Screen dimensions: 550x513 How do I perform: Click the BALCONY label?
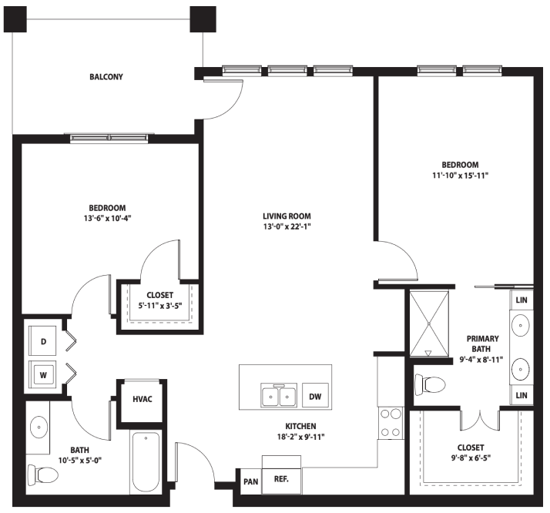[106, 77]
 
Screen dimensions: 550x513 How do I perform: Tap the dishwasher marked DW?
[315, 395]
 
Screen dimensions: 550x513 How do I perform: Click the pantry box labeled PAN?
[251, 481]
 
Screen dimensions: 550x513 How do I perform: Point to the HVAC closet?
[142, 401]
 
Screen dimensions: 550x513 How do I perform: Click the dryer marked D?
[42, 340]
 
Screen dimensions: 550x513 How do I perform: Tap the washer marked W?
[42, 375]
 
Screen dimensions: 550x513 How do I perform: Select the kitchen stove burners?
[391, 423]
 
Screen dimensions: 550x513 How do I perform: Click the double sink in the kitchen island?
[279, 395]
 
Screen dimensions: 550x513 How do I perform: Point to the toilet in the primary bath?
[430, 384]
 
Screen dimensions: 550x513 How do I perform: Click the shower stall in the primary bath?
[429, 324]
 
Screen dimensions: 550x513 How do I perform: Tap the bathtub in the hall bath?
[146, 462]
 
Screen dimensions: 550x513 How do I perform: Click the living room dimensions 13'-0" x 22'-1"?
[287, 226]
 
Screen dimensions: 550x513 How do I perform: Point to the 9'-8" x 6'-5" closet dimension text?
[471, 458]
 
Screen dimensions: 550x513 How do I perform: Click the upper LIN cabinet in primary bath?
[521, 300]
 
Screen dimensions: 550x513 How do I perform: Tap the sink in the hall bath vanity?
[39, 427]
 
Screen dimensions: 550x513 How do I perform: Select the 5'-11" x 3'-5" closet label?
[160, 300]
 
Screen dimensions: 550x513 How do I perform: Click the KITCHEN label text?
[300, 427]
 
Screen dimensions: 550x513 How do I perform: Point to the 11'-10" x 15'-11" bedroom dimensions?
[460, 176]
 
